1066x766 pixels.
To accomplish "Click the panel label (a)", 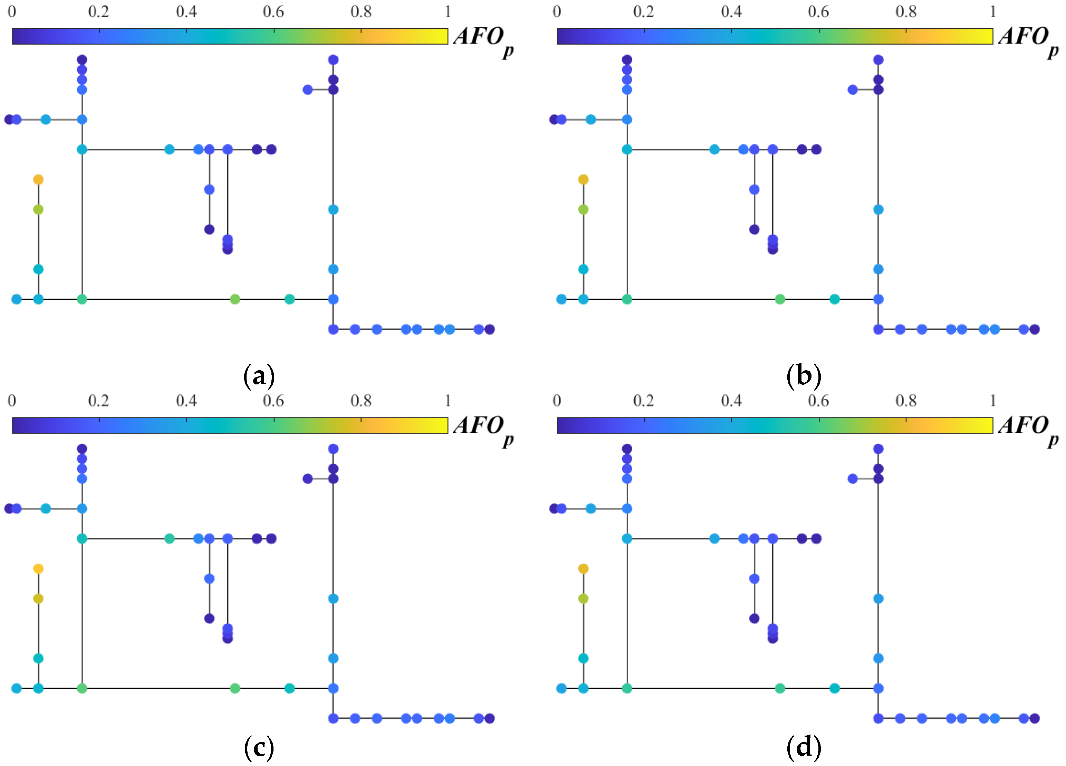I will tap(259, 376).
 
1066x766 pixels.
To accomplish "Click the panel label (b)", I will tap(804, 376).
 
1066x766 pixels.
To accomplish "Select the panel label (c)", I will tap(259, 748).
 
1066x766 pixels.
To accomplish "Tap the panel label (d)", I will tap(804, 748).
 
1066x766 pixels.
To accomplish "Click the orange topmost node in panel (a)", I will tap(39, 180).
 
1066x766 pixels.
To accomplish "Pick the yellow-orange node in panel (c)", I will tap(39, 568).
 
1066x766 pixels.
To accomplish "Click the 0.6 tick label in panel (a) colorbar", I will tap(273, 12).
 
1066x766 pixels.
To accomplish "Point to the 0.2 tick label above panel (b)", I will tap(643, 12).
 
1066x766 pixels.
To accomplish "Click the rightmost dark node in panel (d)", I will tap(1035, 718).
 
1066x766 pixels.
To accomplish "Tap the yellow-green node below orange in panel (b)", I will tap(583, 210).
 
